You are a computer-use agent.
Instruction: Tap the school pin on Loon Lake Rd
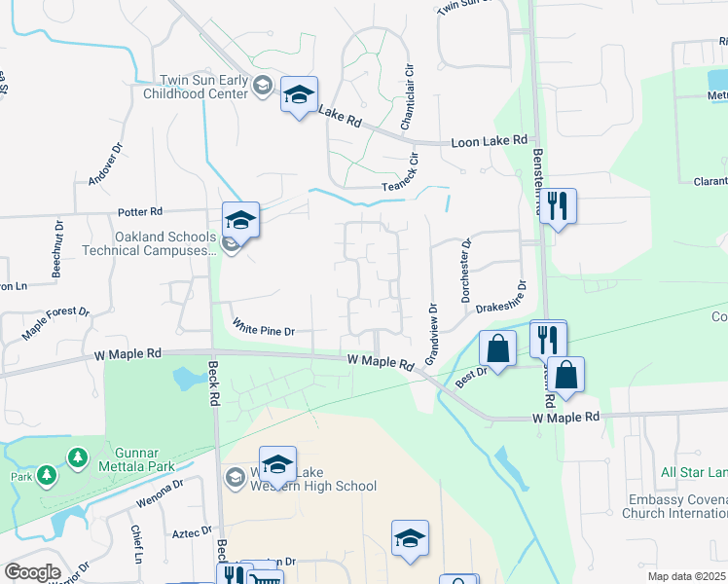point(299,95)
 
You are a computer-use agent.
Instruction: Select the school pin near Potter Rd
point(240,220)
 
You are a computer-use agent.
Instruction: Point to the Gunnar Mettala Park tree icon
point(77,456)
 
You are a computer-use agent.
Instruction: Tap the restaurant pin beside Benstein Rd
point(558,206)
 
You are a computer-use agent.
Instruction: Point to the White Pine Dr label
point(262,331)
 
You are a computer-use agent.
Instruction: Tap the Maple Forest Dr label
point(55,325)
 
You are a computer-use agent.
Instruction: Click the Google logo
point(32,572)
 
